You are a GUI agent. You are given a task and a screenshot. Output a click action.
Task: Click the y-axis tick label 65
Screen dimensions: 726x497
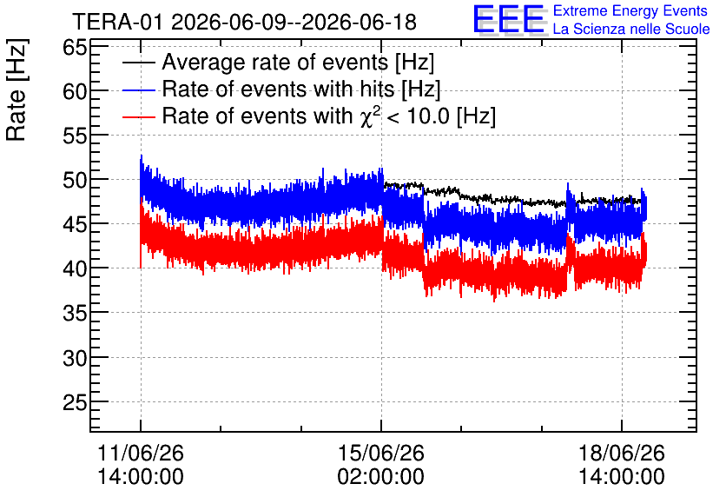[x=75, y=47]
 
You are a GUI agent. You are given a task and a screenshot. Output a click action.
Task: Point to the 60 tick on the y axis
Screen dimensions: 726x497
[x=75, y=91]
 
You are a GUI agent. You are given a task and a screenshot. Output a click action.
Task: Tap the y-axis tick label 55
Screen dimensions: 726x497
[x=75, y=136]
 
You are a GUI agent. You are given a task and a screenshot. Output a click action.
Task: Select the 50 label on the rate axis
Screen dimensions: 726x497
[x=75, y=180]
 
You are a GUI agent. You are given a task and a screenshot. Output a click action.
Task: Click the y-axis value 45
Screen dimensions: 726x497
[x=75, y=224]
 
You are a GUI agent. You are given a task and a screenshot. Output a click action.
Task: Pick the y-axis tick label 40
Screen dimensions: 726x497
[x=75, y=268]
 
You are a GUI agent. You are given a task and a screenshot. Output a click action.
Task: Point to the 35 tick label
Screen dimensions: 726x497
[x=75, y=313]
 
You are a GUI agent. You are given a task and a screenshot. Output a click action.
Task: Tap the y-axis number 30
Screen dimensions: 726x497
[x=75, y=358]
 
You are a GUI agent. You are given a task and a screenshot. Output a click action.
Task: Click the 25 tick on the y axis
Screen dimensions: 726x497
[x=75, y=402]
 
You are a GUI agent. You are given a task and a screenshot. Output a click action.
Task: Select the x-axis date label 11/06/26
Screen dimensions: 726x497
[x=141, y=453]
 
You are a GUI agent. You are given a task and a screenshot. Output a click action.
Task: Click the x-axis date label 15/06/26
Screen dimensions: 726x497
[x=381, y=453]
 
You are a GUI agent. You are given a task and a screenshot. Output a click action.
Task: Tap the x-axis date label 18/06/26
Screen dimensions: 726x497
[x=622, y=453]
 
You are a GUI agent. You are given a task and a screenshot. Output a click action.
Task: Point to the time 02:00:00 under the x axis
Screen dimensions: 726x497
[x=381, y=477]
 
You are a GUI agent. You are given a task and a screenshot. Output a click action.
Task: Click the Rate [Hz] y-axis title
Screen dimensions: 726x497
[x=16, y=89]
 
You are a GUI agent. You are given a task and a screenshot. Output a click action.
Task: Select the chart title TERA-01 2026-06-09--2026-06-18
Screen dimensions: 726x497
[x=245, y=22]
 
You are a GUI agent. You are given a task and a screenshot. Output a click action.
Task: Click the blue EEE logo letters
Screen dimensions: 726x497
[x=508, y=19]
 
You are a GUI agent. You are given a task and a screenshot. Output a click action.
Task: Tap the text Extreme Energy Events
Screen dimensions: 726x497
[x=630, y=10]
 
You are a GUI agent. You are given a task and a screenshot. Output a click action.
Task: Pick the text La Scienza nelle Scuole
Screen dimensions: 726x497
[x=631, y=29]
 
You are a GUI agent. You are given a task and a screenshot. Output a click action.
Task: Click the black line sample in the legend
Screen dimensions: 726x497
[x=139, y=63]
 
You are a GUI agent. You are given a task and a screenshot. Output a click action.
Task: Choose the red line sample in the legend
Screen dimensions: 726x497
[x=139, y=116]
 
